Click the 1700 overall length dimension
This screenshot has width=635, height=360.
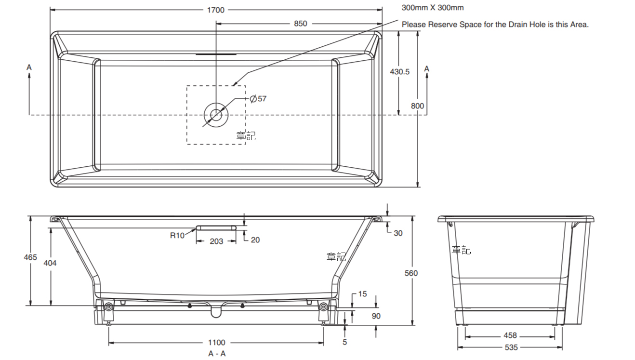click(216, 10)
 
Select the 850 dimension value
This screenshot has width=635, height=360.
click(300, 24)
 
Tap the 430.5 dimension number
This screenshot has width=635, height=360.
click(399, 71)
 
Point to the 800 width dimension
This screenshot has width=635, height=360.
click(418, 106)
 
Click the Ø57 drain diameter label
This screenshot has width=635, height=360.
click(258, 99)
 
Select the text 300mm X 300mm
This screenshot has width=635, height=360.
click(433, 8)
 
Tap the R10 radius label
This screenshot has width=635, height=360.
click(177, 236)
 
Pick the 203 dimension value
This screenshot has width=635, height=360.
click(216, 241)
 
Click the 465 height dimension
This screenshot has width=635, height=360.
click(30, 257)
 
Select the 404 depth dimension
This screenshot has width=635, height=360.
click(50, 263)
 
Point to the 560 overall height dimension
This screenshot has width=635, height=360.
click(411, 273)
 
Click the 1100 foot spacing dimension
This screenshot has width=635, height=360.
click(216, 343)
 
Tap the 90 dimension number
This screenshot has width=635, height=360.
click(376, 316)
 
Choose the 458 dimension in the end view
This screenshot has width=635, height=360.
click(510, 335)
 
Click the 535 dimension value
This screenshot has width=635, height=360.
click(511, 347)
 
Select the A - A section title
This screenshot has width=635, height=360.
click(217, 354)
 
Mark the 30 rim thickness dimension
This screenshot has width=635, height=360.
click(398, 233)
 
